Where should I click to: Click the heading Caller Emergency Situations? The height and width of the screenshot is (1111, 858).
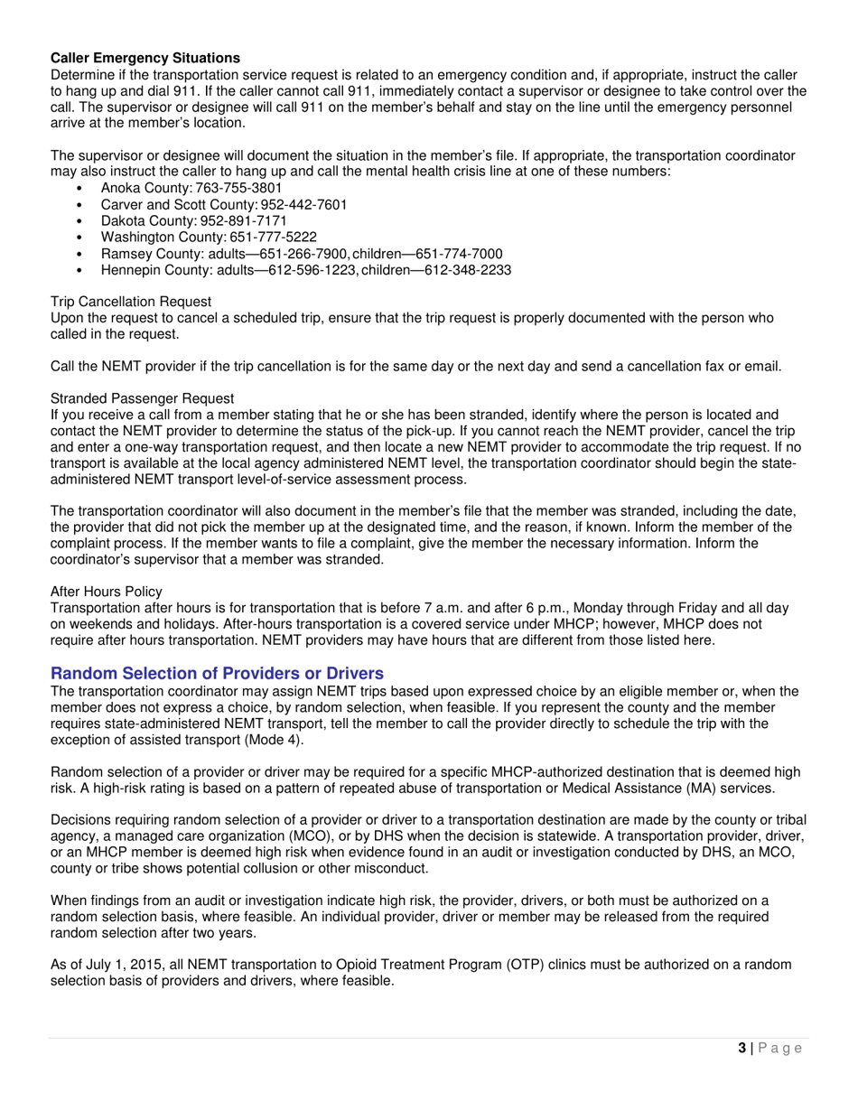[x=145, y=58]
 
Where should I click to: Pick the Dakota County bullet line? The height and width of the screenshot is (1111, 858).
[x=194, y=221]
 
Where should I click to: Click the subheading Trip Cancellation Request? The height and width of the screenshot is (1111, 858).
[x=131, y=302]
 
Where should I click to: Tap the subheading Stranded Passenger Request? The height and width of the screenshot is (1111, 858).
[x=142, y=398]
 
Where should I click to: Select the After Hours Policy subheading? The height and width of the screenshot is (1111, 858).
[x=107, y=592]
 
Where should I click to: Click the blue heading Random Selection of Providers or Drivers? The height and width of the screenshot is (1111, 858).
[x=217, y=674]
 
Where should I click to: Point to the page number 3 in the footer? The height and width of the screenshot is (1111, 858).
[x=741, y=1048]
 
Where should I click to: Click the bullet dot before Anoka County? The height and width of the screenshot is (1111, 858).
[x=81, y=189]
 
